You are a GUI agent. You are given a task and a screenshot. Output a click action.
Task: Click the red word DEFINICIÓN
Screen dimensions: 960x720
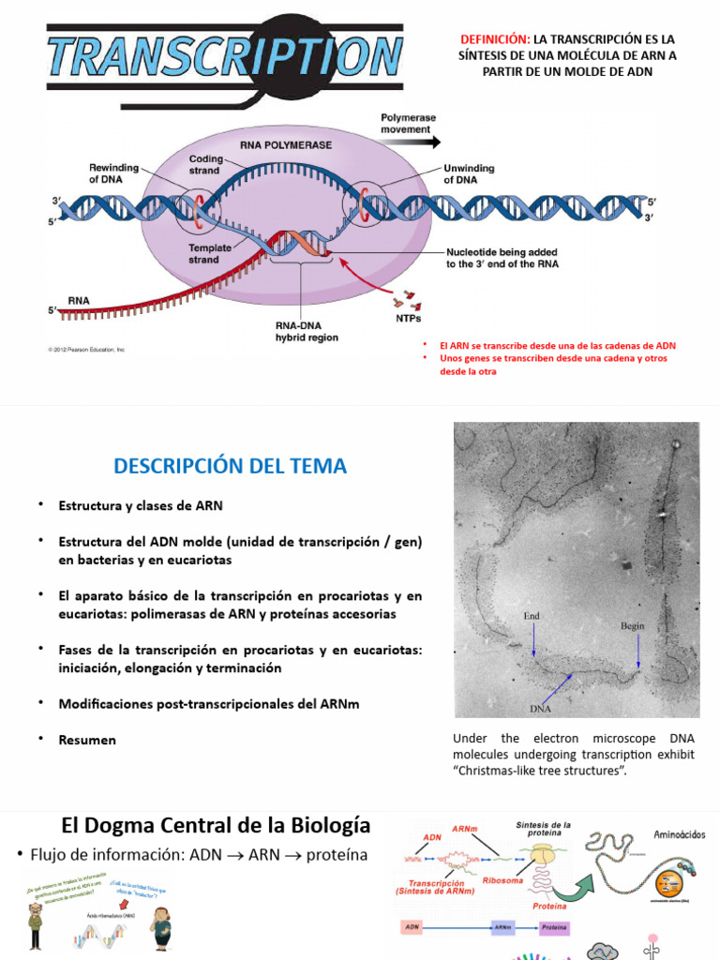point(494,39)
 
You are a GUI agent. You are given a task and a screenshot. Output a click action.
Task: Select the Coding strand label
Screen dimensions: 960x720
point(205,165)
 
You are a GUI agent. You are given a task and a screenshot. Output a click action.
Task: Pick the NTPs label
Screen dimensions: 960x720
point(408,318)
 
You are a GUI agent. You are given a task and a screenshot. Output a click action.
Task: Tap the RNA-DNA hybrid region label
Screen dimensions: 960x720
point(301,332)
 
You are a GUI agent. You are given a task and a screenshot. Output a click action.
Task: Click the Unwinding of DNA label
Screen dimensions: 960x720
point(469,173)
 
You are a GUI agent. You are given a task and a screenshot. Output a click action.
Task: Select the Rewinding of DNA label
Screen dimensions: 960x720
point(113,172)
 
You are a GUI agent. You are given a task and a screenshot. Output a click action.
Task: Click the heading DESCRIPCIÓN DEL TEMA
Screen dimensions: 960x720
point(230,466)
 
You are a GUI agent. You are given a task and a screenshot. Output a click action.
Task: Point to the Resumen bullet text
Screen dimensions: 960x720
point(87,740)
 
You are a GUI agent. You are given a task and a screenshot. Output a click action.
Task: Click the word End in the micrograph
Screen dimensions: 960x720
point(532,616)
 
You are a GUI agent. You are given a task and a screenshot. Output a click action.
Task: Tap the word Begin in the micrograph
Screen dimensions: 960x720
point(634,625)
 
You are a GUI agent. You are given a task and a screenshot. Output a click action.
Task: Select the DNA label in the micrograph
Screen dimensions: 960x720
point(540,709)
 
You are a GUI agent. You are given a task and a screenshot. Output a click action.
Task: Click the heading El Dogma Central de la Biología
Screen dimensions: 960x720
point(216,826)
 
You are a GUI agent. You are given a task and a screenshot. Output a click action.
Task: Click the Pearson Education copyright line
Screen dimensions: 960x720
point(86,350)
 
